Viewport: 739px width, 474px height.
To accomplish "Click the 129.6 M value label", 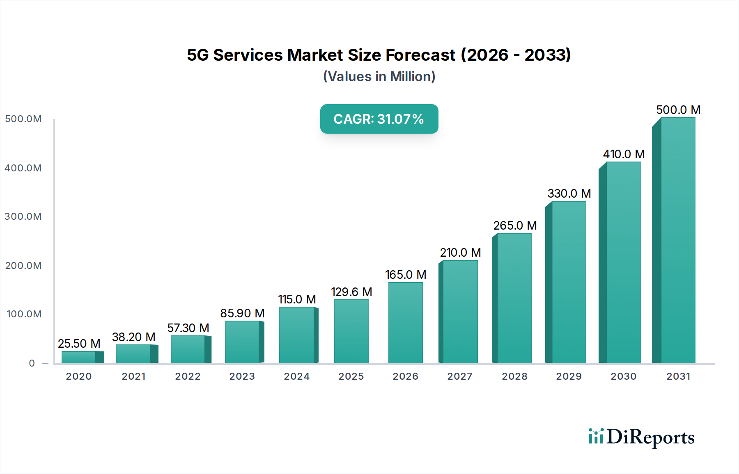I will click(351, 292).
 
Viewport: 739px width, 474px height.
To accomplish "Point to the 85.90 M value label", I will click(242, 313).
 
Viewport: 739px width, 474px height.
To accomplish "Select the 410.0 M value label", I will click(624, 154).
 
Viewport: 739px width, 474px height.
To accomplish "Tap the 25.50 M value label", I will click(79, 344).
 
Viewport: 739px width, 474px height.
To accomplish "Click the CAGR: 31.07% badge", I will click(379, 119).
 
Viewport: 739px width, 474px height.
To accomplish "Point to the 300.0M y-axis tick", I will click(23, 216).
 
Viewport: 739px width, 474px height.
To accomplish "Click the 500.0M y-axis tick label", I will click(23, 119).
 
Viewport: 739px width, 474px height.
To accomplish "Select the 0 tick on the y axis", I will click(32, 363).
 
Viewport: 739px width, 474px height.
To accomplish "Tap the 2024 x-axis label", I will click(296, 376).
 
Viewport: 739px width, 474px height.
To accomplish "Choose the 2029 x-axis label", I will click(569, 376).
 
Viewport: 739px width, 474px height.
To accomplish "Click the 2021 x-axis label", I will click(133, 376).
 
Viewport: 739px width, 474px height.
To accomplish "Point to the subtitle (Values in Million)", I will click(379, 77).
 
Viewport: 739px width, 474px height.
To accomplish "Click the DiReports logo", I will click(641, 437).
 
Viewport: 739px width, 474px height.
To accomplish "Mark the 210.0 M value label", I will click(460, 253).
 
